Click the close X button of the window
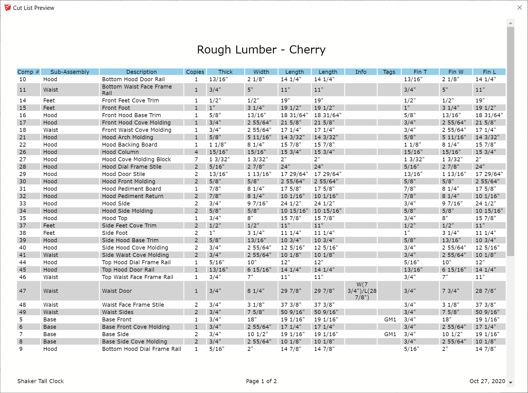[520, 8]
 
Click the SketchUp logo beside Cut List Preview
[8, 8]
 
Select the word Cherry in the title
[307, 50]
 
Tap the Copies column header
[195, 72]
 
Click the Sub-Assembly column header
[70, 72]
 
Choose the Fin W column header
[456, 72]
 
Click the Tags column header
[389, 72]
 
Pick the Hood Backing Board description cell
[129, 145]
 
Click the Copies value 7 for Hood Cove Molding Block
[196, 159]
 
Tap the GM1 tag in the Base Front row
[390, 319]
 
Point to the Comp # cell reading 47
[23, 291]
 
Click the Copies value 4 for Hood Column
[196, 152]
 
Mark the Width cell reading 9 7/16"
[256, 203]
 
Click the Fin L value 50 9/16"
[487, 312]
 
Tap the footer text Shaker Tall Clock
[40, 381]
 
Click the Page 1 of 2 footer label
[261, 381]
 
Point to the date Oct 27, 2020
[487, 381]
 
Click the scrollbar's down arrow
[510, 383]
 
